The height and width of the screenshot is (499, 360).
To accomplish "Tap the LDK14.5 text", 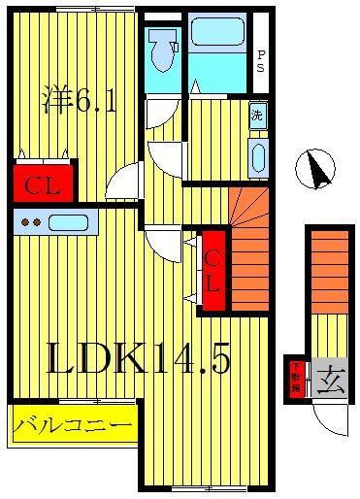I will click(140, 361).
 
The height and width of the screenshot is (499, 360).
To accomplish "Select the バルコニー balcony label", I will click(74, 424).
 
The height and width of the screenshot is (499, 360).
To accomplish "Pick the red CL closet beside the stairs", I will click(213, 271).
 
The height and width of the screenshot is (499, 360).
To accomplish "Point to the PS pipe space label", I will click(260, 62).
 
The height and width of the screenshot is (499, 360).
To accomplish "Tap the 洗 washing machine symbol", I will click(257, 115).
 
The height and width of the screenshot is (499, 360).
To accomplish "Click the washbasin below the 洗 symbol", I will click(257, 157).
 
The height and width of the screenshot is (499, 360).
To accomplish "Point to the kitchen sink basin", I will click(69, 222).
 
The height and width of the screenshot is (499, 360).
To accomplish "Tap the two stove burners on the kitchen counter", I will click(31, 222).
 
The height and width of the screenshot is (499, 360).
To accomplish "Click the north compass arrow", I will click(315, 169).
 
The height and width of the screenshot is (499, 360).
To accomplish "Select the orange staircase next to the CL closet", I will click(249, 250).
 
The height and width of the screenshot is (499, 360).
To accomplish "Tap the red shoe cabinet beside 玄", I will click(297, 378).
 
